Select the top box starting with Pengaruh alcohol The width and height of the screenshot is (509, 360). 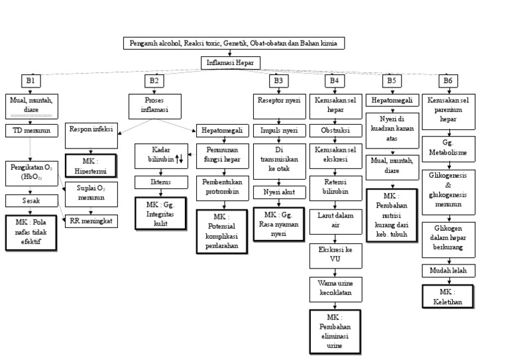tap(234, 43)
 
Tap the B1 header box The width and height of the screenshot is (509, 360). tap(30, 81)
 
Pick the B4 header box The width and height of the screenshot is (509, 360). tap(335, 81)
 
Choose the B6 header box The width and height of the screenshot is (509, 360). tap(449, 81)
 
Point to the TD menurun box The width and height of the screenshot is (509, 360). tap(31, 131)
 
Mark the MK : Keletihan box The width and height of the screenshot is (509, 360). tap(448, 296)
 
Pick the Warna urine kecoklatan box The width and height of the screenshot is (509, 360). tap(334, 288)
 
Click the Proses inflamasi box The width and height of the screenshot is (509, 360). tap(154, 104)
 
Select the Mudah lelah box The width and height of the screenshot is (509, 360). tap(448, 270)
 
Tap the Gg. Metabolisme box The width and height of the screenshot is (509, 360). tap(448, 147)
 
